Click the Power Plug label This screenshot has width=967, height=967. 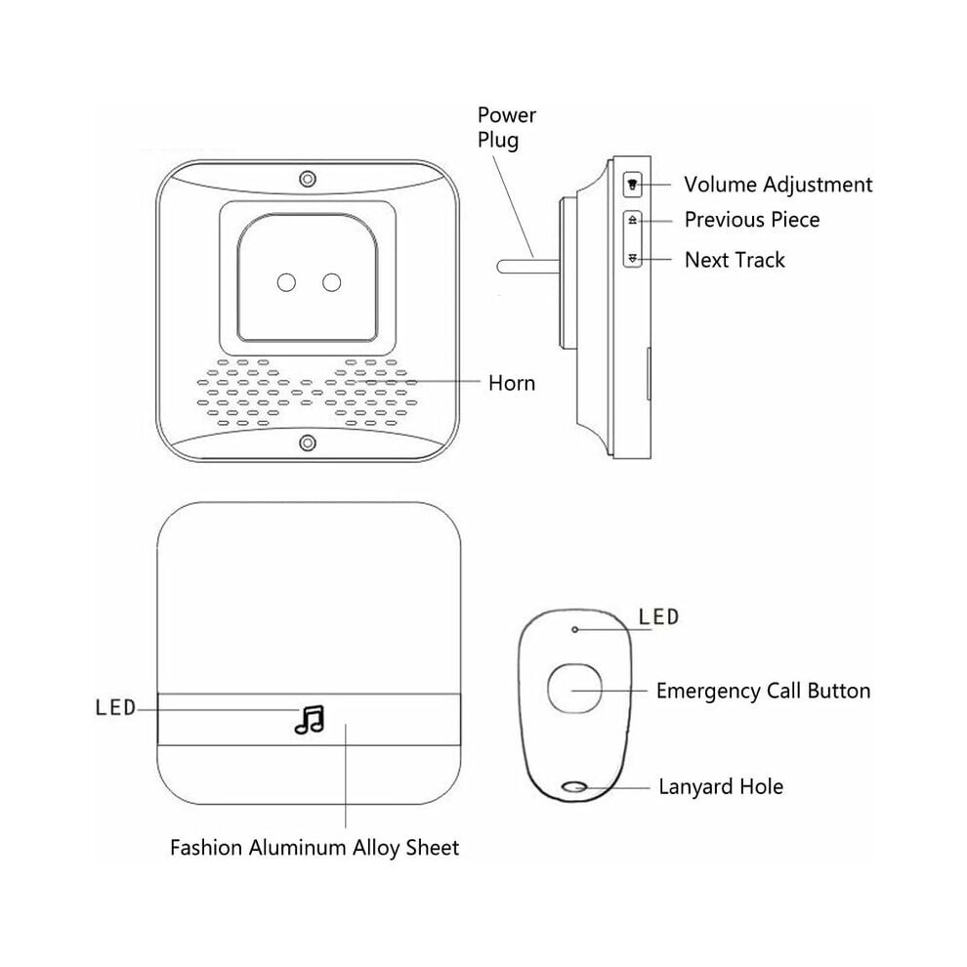tap(506, 128)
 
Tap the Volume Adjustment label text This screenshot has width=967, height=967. tap(778, 185)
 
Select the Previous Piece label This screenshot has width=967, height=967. tap(752, 220)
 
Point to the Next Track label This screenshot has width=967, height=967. tap(735, 260)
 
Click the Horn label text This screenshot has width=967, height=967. tap(511, 383)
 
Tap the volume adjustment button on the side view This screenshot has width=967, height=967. tap(633, 185)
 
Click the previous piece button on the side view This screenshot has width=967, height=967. tap(633, 220)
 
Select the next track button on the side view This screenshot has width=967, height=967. tap(633, 259)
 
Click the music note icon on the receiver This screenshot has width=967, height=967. tap(310, 720)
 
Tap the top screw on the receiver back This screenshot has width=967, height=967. tap(308, 179)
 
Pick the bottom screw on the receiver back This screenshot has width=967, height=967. tap(308, 442)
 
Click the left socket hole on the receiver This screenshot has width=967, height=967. tap(286, 282)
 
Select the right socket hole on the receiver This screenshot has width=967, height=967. tap(332, 282)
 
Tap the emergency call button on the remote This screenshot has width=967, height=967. tap(574, 689)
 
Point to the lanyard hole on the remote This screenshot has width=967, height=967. tap(574, 787)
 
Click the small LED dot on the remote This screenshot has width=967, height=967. tap(574, 630)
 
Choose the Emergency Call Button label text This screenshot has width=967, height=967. tap(764, 692)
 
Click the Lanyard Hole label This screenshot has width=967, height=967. tap(721, 787)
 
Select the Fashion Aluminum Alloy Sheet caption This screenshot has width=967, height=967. tap(315, 848)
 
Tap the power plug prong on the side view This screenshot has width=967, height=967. tap(528, 267)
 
